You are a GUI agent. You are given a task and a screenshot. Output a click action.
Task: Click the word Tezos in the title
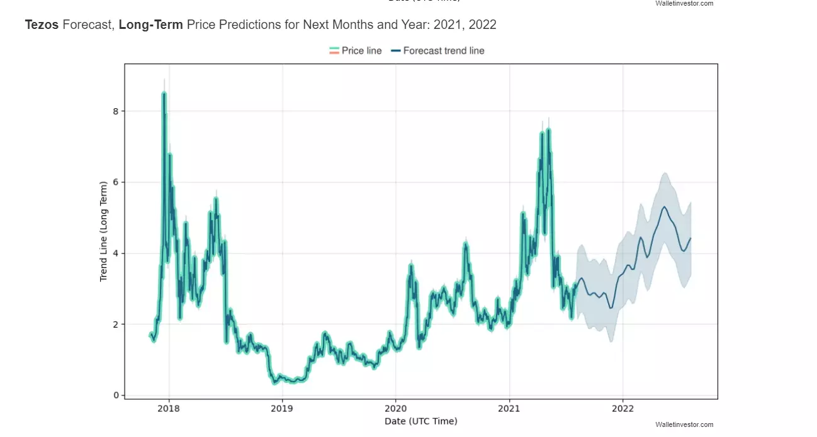[x=42, y=25]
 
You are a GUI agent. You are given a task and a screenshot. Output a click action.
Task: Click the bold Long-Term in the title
[x=150, y=25]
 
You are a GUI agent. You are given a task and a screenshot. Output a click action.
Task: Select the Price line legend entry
[x=356, y=51]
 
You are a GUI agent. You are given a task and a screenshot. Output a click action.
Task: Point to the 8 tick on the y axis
[x=115, y=111]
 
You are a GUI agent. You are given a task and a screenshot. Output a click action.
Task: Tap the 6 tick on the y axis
[x=115, y=182]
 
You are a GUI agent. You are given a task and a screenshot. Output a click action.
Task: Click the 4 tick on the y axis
[x=115, y=253]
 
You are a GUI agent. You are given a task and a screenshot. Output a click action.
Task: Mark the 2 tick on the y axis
[x=115, y=324]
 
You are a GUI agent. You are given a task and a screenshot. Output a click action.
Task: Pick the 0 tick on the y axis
[x=115, y=396]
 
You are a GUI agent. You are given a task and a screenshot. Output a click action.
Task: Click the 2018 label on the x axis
[x=169, y=408]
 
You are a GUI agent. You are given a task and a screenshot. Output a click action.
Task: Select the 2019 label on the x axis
[x=282, y=408]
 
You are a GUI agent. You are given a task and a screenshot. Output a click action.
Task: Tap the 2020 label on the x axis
[x=395, y=408]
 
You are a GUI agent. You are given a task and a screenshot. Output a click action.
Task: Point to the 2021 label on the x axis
[x=509, y=408]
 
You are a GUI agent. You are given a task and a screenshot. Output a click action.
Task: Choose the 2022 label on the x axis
[x=623, y=408]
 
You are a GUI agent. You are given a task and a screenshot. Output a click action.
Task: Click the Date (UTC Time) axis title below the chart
[x=421, y=421]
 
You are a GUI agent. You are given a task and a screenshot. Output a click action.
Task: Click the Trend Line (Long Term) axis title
[x=104, y=231]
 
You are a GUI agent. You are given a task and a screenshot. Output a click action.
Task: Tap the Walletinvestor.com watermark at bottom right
[x=684, y=425]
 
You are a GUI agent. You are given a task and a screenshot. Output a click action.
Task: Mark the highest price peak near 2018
[x=164, y=94]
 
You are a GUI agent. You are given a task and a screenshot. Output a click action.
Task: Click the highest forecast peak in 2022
[x=664, y=206]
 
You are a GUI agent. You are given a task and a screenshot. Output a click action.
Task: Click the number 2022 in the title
[x=482, y=25]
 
